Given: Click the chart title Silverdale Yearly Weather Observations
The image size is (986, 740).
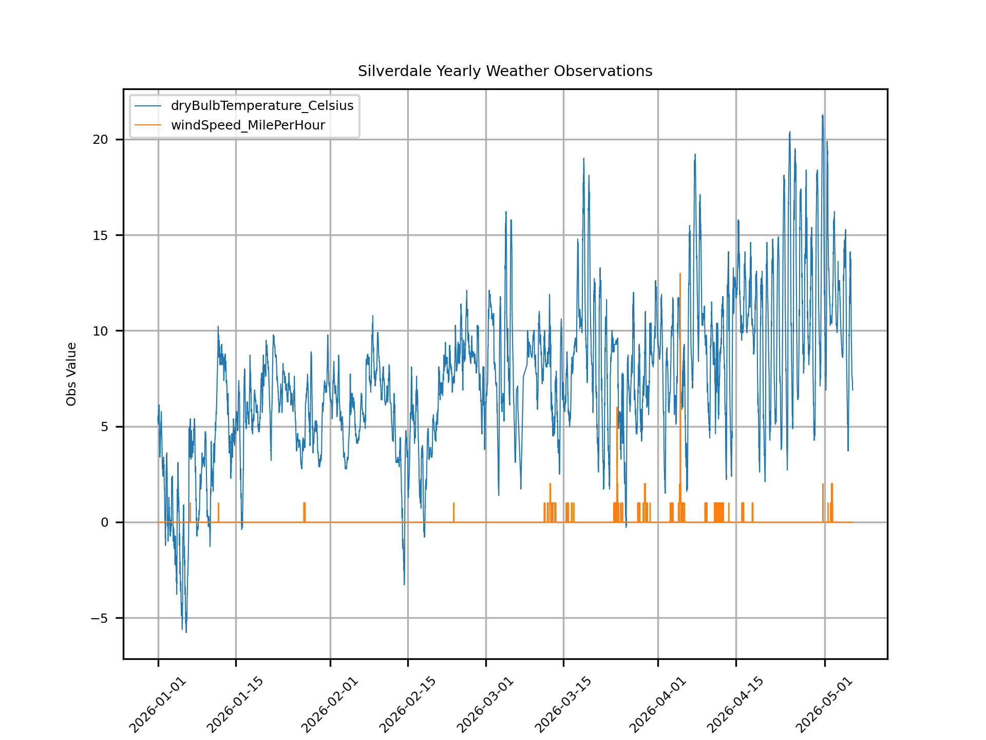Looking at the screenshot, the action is coord(505,71).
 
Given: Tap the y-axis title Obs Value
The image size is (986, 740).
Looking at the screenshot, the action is coord(71,374).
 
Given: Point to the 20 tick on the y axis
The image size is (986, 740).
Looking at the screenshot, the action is coord(101,140).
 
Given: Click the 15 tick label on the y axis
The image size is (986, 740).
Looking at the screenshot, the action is coord(101,235).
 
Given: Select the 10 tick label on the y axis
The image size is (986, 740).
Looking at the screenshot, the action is coord(101,331).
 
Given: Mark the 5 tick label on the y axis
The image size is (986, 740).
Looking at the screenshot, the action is coord(105,427).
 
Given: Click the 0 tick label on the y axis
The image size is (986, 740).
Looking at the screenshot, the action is coord(105,522).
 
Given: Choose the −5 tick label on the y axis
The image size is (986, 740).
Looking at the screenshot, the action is coord(100,618).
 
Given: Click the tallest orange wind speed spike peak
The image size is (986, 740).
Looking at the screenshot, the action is coord(680,274).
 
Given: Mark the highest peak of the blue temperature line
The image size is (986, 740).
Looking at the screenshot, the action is coord(823,115).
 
